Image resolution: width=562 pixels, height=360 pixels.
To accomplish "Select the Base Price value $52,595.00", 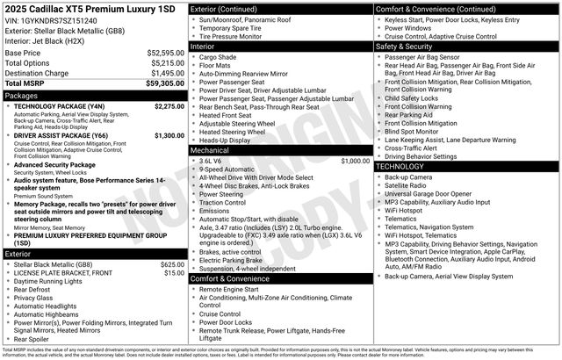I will click(x=165, y=53).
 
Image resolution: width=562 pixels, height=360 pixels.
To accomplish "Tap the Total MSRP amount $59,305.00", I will click(x=165, y=83).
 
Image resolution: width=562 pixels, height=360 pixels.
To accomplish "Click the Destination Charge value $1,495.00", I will click(x=167, y=73).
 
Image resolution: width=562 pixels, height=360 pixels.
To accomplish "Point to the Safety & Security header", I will click(x=408, y=46).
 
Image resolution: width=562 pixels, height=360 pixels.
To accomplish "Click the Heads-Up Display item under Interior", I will click(x=225, y=140).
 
